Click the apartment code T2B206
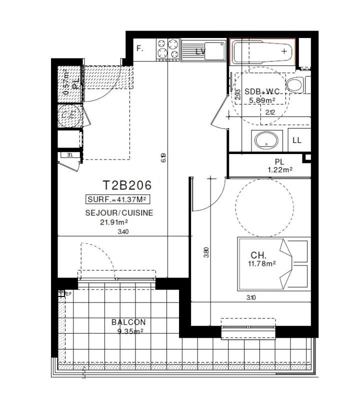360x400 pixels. (x=127, y=185)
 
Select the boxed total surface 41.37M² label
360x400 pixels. (x=118, y=199)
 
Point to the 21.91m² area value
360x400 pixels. (x=114, y=222)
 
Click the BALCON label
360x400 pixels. (x=128, y=322)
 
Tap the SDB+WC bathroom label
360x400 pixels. (x=261, y=91)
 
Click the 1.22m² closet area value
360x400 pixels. (x=279, y=170)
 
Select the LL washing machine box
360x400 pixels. (x=297, y=140)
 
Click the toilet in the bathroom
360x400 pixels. (x=296, y=85)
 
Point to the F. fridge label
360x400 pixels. (x=140, y=49)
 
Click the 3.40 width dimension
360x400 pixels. (x=123, y=231)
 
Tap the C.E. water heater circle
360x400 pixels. (x=68, y=115)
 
